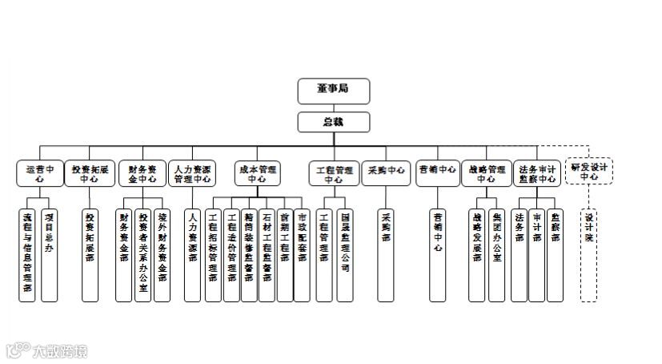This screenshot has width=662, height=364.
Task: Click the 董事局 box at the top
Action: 334,91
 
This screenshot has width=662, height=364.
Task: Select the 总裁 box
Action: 334,122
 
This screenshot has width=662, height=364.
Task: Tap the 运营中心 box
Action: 39,174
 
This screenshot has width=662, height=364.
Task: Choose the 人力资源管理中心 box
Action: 192,174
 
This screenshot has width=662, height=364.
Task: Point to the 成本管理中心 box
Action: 258,174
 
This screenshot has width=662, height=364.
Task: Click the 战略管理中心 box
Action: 486,174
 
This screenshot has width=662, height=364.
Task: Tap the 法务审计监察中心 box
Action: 537,174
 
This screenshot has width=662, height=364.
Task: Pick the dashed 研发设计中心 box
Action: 589,171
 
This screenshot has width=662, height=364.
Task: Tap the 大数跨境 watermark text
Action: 58,350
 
